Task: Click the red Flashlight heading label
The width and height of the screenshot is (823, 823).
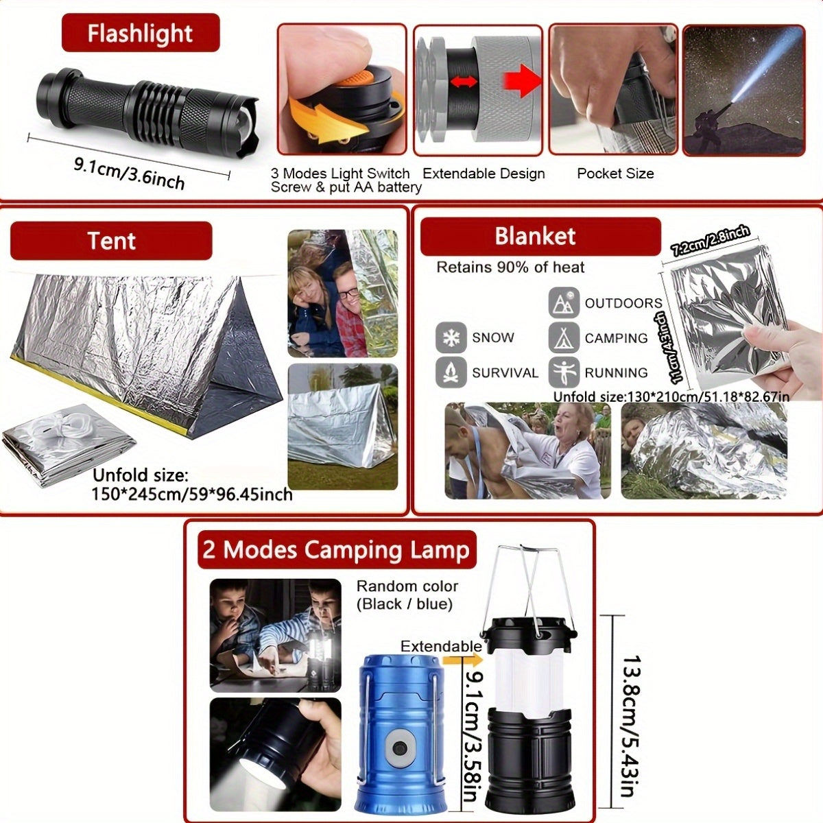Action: pos(140,33)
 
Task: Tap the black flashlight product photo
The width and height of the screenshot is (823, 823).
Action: pos(147,106)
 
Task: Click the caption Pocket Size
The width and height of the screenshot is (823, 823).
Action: pos(615,174)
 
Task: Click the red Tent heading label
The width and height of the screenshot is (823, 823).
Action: pos(111,241)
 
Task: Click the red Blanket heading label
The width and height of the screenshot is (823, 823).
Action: pos(536,236)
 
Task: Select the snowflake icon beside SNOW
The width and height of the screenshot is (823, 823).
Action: pos(451,337)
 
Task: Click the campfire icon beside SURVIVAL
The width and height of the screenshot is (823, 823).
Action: pos(451,372)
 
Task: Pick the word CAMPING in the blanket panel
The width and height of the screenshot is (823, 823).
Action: pos(616,338)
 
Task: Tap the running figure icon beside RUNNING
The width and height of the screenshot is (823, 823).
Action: pos(563,372)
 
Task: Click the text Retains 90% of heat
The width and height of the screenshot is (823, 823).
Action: pos(510,267)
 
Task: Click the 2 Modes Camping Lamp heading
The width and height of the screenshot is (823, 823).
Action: pos(336,550)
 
